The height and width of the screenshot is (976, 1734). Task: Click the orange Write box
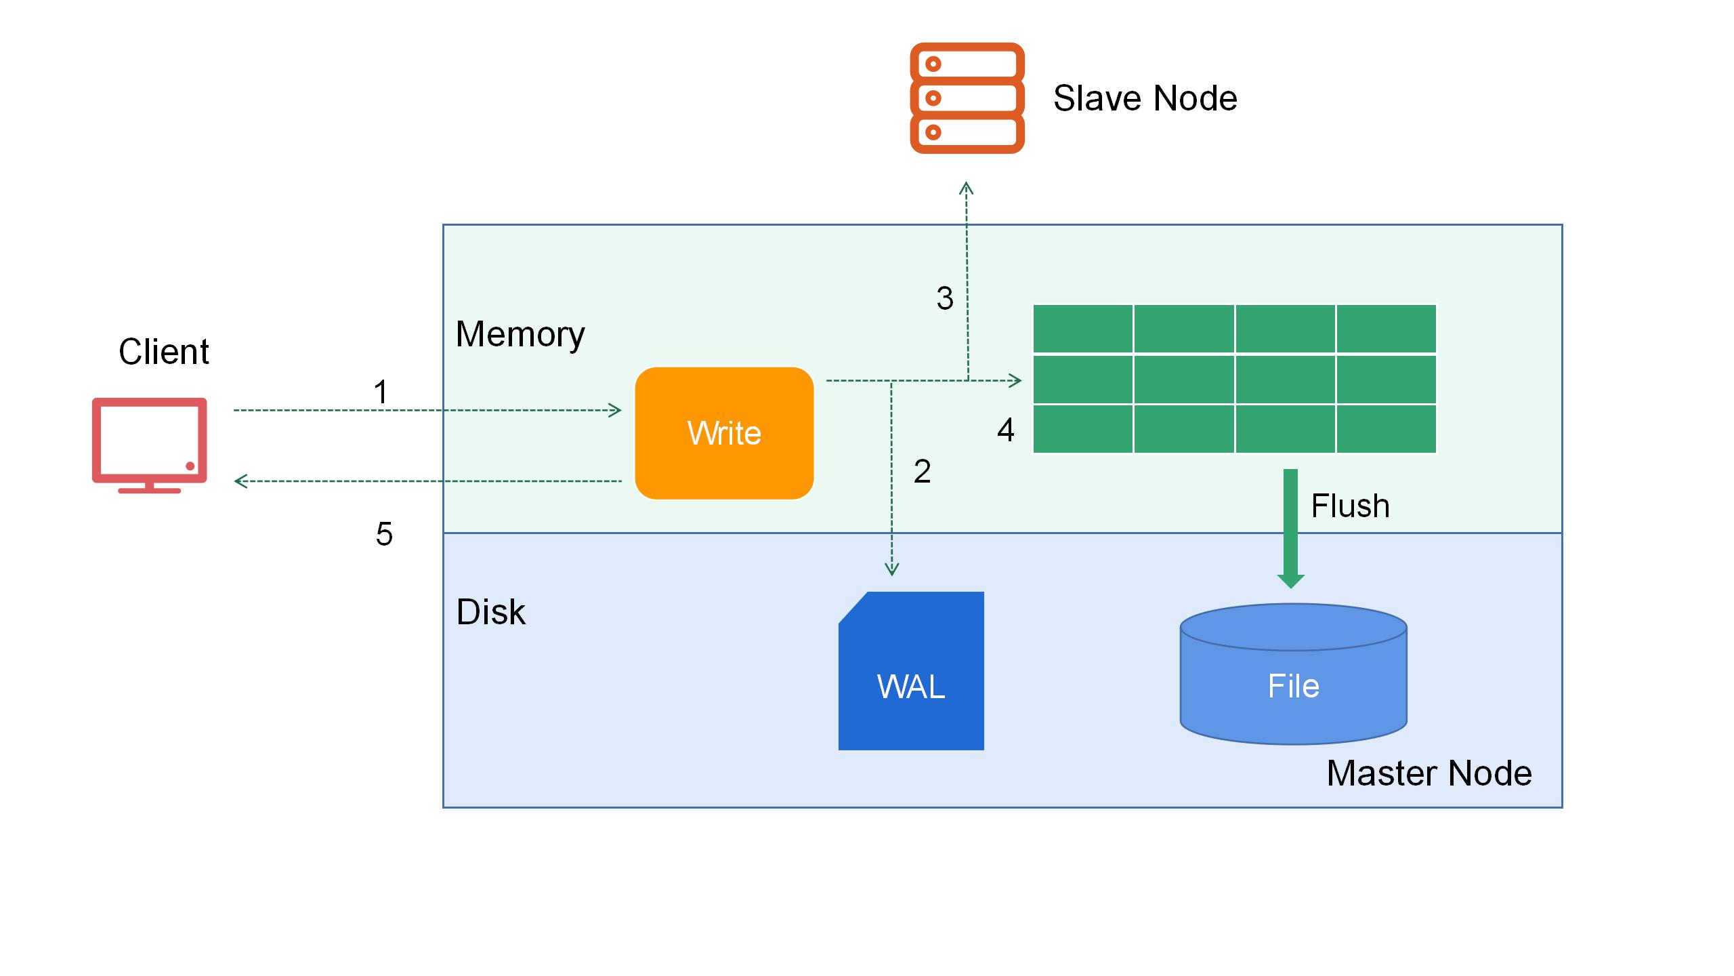point(723,433)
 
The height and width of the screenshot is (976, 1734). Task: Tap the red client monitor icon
point(150,444)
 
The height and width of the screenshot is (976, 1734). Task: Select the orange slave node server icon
point(967,98)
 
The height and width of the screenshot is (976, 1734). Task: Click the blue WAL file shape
point(911,671)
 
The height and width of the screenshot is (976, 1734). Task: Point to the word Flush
point(1350,506)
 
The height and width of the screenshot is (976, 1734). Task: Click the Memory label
point(520,334)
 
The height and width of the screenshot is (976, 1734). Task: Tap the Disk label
point(490,612)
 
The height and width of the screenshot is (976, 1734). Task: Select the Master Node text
point(1429,773)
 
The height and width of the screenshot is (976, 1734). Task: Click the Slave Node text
point(1145,98)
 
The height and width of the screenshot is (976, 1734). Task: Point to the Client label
point(164,352)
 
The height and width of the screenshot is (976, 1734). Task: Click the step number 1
point(381,392)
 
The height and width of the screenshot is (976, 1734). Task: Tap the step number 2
point(922,472)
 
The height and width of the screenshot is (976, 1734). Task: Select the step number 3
point(945,299)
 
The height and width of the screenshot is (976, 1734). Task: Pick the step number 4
point(1006,430)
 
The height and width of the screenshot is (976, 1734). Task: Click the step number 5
point(384,535)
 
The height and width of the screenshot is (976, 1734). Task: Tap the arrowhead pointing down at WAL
point(891,569)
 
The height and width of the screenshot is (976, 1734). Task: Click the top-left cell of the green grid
point(1082,329)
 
